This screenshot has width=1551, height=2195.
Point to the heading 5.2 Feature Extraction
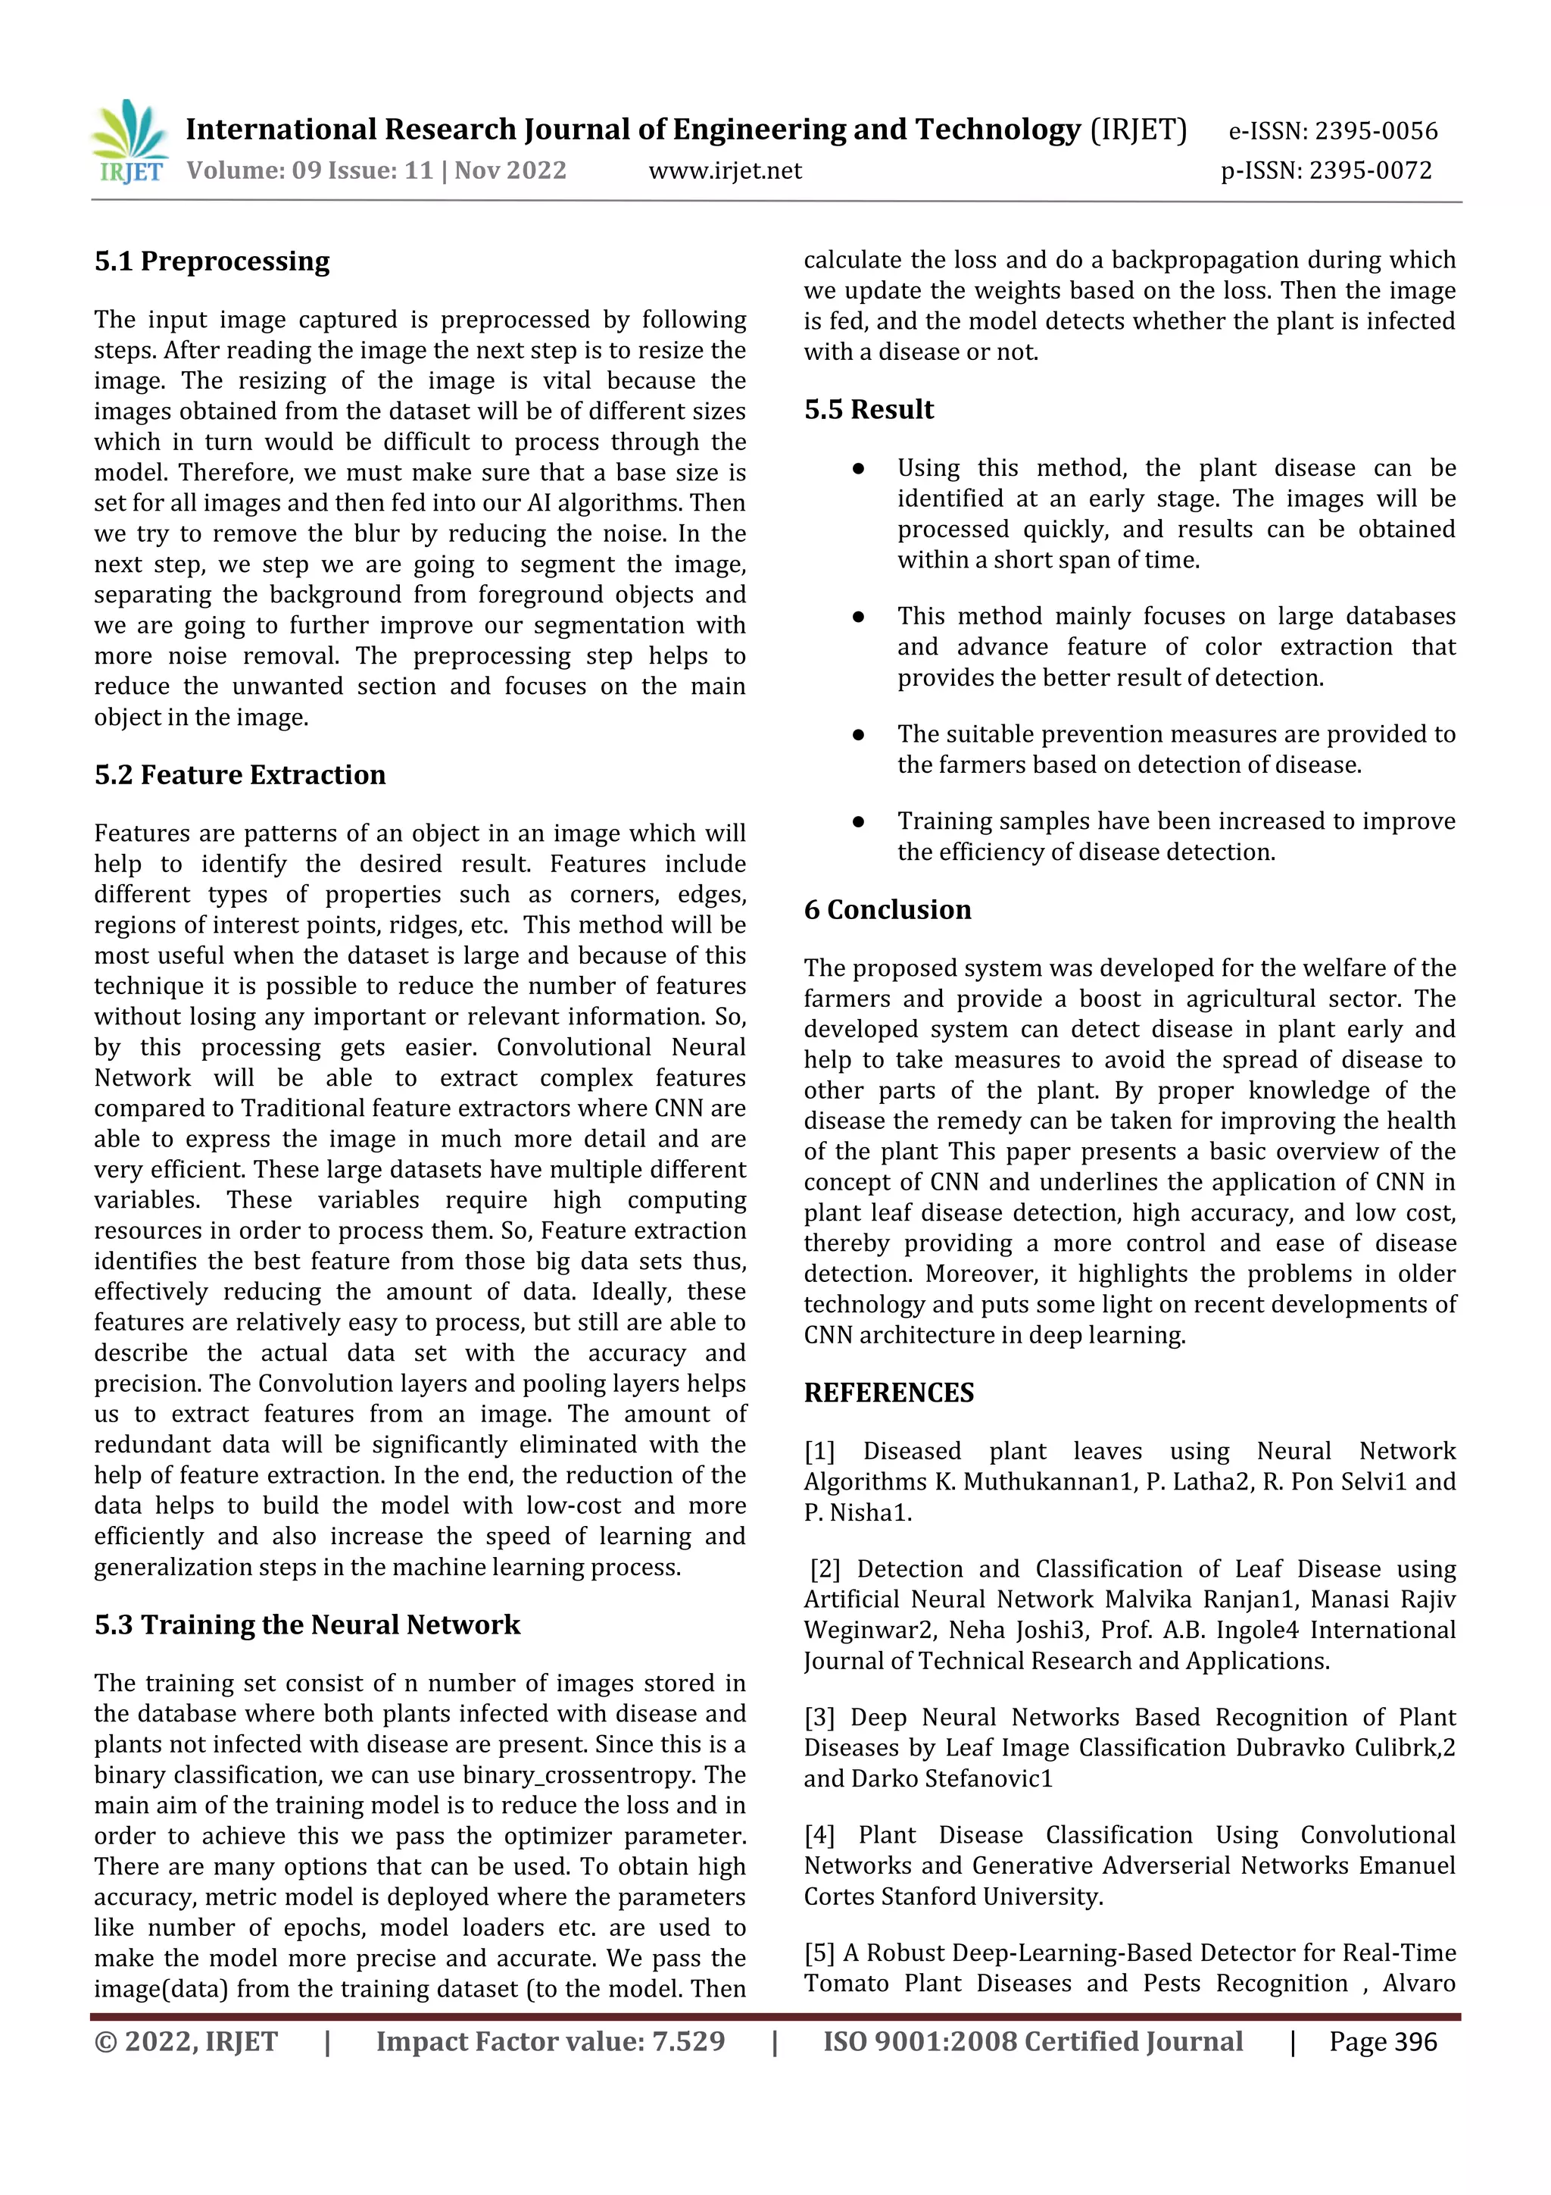click(x=240, y=774)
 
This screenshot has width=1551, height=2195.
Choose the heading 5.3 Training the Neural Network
click(x=307, y=1624)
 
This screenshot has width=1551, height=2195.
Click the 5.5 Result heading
click(x=869, y=409)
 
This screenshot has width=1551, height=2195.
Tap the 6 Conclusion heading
click(x=887, y=909)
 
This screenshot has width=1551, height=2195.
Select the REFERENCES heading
click(x=889, y=1393)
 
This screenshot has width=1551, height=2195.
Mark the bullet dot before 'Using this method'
click(x=858, y=468)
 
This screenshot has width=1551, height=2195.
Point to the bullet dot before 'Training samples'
click(x=858, y=821)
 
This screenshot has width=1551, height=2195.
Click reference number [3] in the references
click(x=820, y=1717)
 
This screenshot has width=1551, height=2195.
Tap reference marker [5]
click(x=820, y=1953)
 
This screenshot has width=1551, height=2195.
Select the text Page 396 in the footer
click(x=1382, y=2042)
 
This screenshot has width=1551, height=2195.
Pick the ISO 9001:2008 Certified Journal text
click(x=1032, y=2042)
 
